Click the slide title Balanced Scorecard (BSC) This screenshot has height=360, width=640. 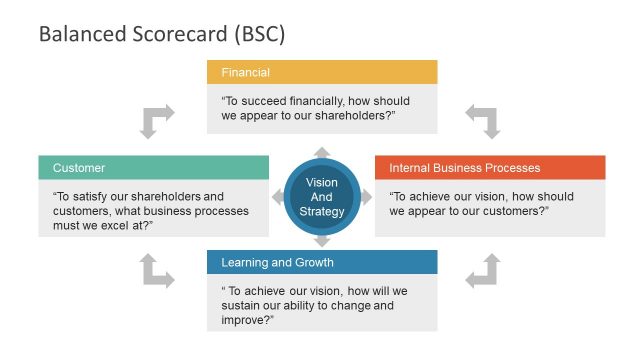point(162,34)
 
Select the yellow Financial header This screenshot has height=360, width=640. point(322,72)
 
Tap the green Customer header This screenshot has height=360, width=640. point(153,168)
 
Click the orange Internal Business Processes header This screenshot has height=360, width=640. point(490,168)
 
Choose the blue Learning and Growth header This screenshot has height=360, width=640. point(322,263)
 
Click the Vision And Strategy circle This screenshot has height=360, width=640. point(322,197)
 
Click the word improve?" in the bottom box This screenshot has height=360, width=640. point(247,320)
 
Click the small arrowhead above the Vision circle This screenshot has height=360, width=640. point(322,152)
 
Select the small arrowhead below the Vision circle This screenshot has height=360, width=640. point(322,241)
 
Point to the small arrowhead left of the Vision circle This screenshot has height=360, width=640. point(277,197)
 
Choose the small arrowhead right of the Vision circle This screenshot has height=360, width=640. point(366,197)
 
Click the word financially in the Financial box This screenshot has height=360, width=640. point(308,101)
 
